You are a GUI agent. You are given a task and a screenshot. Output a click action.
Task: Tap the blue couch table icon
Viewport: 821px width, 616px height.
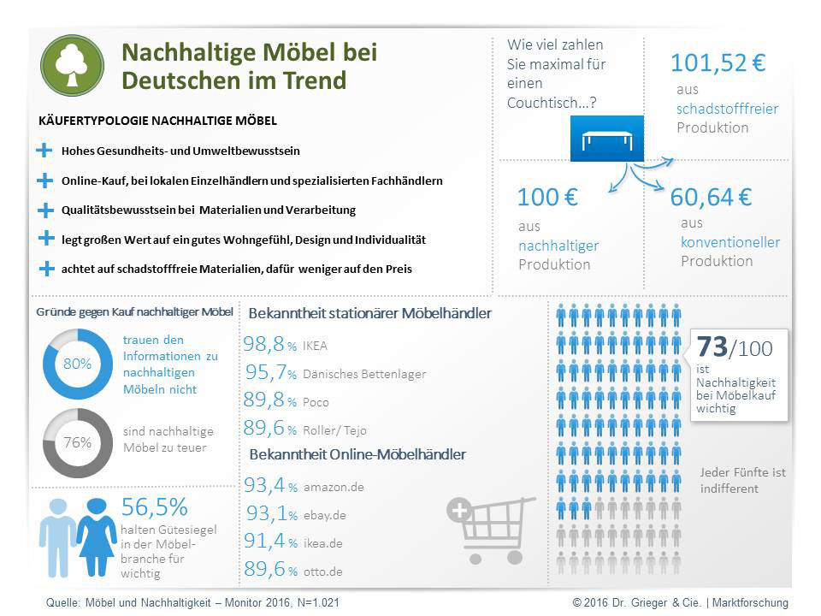606,138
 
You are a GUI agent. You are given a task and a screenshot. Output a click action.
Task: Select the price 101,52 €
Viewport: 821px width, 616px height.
718,63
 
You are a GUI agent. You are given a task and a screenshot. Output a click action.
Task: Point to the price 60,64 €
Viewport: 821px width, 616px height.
711,198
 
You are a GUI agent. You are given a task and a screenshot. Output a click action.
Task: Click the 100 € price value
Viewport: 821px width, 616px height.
547,198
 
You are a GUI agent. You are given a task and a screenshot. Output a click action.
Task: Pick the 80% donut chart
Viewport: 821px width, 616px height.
77,364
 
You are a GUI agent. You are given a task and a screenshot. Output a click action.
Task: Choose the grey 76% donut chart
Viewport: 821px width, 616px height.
77,442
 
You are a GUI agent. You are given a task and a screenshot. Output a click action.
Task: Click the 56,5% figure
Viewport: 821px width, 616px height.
155,507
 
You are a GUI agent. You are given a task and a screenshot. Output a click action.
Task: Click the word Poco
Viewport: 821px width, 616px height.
316,402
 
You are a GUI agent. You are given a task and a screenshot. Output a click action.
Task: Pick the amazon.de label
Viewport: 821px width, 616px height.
334,487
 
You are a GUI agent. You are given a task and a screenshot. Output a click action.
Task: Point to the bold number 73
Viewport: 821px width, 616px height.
712,347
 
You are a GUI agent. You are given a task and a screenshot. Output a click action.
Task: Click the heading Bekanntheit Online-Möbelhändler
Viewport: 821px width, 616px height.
357,454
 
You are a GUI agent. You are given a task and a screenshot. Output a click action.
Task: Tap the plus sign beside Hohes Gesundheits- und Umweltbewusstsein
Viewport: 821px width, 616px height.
44,151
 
